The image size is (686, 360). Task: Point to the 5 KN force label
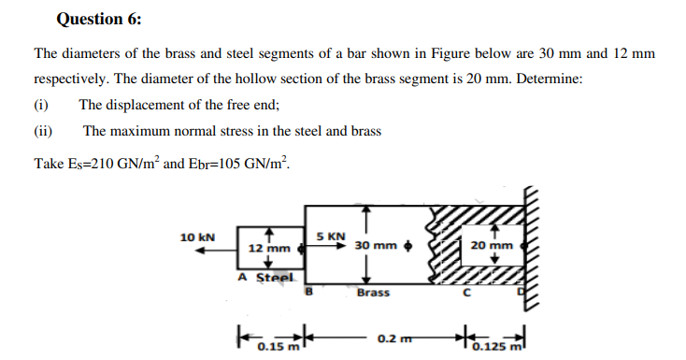330,236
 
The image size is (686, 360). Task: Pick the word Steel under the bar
276,278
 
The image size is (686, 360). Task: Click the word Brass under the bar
372,293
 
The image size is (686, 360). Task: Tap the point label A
242,278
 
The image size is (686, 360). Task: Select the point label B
310,292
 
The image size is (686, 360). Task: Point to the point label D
522,293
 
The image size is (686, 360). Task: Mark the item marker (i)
42,106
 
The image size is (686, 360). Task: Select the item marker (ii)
44,131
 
